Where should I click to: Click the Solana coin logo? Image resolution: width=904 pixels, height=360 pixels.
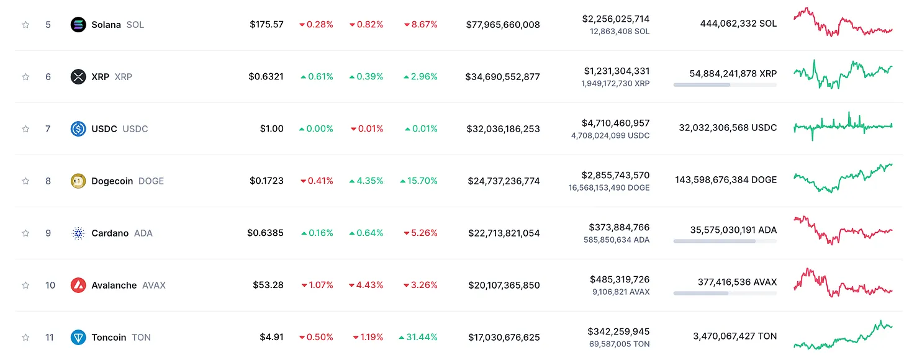pyautogui.click(x=78, y=25)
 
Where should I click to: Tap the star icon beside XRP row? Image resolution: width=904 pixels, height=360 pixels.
pyautogui.click(x=25, y=77)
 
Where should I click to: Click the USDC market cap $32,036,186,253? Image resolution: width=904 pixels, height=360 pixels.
pyautogui.click(x=503, y=129)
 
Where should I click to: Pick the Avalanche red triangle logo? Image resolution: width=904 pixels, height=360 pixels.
pyautogui.click(x=78, y=286)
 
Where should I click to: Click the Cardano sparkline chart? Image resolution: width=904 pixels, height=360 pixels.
pyautogui.click(x=843, y=230)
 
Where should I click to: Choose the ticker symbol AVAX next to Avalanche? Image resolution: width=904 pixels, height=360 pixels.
pyautogui.click(x=154, y=286)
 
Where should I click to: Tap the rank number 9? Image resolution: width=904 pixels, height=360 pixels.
pyautogui.click(x=48, y=233)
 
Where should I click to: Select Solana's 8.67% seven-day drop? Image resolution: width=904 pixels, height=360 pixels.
pyautogui.click(x=420, y=25)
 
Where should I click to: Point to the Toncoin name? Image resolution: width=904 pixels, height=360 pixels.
pyautogui.click(x=109, y=338)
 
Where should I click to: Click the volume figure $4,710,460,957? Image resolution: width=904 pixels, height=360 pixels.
pyautogui.click(x=615, y=123)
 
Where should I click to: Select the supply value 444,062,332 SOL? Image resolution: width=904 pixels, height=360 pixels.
pyautogui.click(x=729, y=24)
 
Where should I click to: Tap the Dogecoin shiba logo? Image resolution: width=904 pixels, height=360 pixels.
pyautogui.click(x=78, y=181)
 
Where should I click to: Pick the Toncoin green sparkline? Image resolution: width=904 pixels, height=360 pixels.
pyautogui.click(x=843, y=335)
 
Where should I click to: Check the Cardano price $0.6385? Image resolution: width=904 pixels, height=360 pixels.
pyautogui.click(x=265, y=233)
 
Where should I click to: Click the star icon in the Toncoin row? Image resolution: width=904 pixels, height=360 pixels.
pyautogui.click(x=25, y=338)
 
